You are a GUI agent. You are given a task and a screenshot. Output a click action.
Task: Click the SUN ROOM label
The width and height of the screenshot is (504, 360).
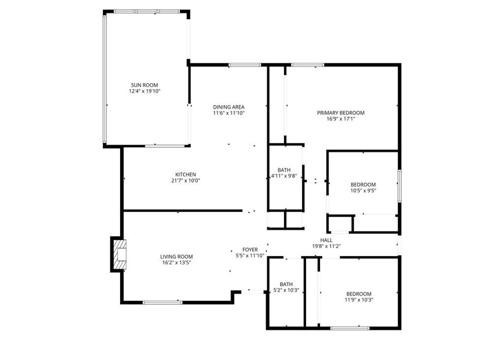pyautogui.click(x=144, y=85)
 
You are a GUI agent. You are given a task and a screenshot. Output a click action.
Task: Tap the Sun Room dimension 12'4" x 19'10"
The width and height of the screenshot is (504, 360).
pyautogui.click(x=145, y=91)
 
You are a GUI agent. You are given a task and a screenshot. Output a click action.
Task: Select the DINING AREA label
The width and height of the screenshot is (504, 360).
pyautogui.click(x=228, y=107)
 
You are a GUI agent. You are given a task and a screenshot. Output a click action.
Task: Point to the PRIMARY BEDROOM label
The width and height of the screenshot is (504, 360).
pyautogui.click(x=341, y=113)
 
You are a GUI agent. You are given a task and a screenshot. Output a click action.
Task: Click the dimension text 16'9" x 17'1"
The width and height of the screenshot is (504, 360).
pyautogui.click(x=341, y=119)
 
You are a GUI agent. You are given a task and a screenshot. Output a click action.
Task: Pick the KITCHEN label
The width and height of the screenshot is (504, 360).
pyautogui.click(x=186, y=174)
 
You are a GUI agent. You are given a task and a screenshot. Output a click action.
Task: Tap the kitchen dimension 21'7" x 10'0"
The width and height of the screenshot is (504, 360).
pyautogui.click(x=186, y=180)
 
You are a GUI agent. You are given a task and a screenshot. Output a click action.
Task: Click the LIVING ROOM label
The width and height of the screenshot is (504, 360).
pyautogui.click(x=176, y=257)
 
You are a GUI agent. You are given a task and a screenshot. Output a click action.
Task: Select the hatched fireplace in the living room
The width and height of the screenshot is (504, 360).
pyautogui.click(x=120, y=254)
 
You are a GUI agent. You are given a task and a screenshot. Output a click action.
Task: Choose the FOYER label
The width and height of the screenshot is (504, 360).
pyautogui.click(x=250, y=250)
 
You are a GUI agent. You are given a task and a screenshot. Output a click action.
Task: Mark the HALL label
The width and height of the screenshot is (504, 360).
pyautogui.click(x=326, y=240)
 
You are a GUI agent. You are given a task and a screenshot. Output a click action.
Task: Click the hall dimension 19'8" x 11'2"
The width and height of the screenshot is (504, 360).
pyautogui.click(x=326, y=246)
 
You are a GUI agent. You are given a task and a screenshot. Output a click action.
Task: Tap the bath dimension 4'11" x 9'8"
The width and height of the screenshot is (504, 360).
pyautogui.click(x=284, y=176)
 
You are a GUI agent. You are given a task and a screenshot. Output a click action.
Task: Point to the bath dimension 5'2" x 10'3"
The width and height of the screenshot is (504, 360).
pyautogui.click(x=286, y=290)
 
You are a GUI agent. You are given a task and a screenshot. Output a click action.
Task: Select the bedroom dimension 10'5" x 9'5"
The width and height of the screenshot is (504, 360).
pyautogui.click(x=363, y=191)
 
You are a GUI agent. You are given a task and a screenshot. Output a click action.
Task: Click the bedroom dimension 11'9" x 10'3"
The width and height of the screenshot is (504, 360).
pyautogui.click(x=358, y=300)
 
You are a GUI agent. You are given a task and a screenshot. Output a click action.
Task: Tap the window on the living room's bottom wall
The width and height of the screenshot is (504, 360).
pyautogui.click(x=162, y=302)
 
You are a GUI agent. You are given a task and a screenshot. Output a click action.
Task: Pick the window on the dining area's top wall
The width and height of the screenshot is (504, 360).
pyautogui.click(x=245, y=65)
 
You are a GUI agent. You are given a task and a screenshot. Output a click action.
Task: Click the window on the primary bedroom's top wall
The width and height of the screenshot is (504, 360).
pyautogui.click(x=308, y=65)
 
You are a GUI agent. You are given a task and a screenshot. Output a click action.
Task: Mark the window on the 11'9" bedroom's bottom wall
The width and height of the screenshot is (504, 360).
pyautogui.click(x=350, y=328)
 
